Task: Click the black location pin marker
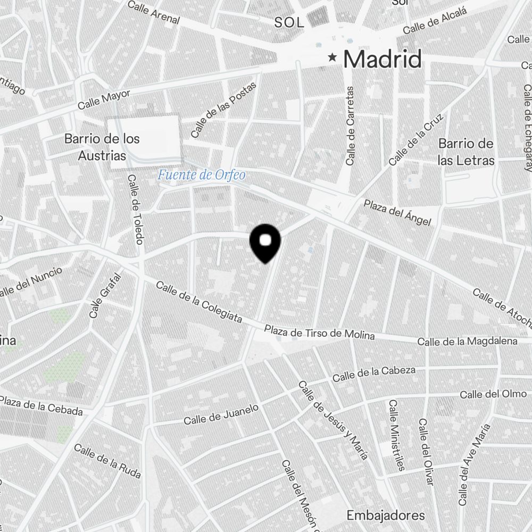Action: pyautogui.click(x=265, y=243)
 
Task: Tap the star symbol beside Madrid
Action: pyautogui.click(x=333, y=57)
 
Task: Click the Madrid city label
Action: pyautogui.click(x=382, y=59)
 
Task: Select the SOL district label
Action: pyautogui.click(x=289, y=23)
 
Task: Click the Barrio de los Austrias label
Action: pyautogui.click(x=102, y=147)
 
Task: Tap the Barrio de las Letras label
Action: pyautogui.click(x=466, y=152)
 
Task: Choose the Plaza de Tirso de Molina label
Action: pyautogui.click(x=319, y=333)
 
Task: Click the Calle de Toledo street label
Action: pyautogui.click(x=136, y=210)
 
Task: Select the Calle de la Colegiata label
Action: pyautogui.click(x=199, y=302)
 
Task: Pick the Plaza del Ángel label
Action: pyautogui.click(x=397, y=212)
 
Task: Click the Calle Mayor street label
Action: pyautogui.click(x=104, y=99)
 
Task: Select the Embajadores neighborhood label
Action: pyautogui.click(x=385, y=515)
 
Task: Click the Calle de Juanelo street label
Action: pyautogui.click(x=221, y=414)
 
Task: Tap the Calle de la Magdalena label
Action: pyautogui.click(x=467, y=342)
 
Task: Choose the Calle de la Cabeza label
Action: pyautogui.click(x=373, y=375)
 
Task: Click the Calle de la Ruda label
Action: pyautogui.click(x=107, y=461)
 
